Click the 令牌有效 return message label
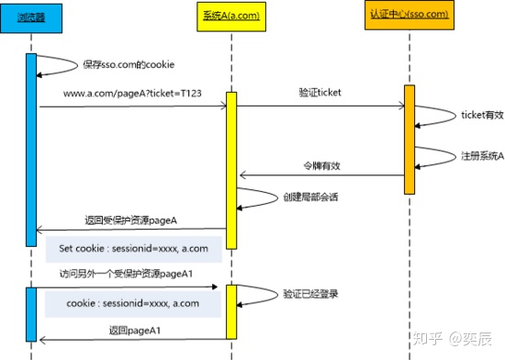pos(321,166)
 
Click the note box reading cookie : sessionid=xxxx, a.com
pos(137,302)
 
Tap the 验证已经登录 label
pos(309,294)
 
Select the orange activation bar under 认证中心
pos(410,139)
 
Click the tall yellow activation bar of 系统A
pos(231,170)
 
